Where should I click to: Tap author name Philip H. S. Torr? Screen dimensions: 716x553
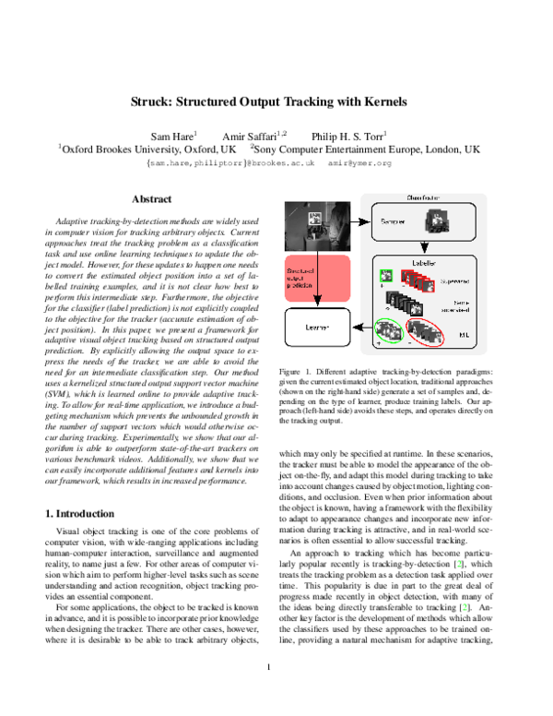(x=349, y=133)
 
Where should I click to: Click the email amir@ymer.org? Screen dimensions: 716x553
(x=373, y=161)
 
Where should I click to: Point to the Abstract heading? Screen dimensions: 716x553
(x=151, y=199)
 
